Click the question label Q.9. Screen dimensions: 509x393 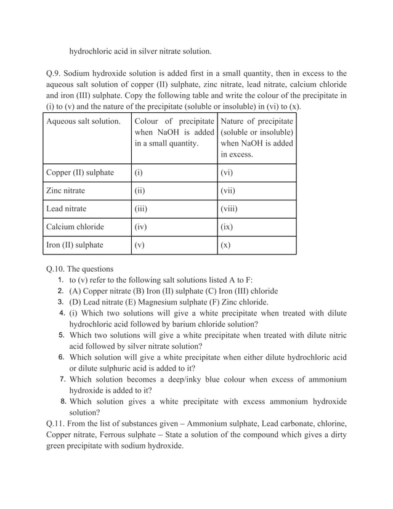(x=54, y=73)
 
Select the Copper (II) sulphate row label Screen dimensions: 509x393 (x=80, y=173)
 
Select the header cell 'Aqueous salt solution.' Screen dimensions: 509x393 (x=83, y=121)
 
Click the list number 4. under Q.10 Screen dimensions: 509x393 (x=62, y=313)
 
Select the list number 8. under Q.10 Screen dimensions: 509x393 (x=63, y=402)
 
